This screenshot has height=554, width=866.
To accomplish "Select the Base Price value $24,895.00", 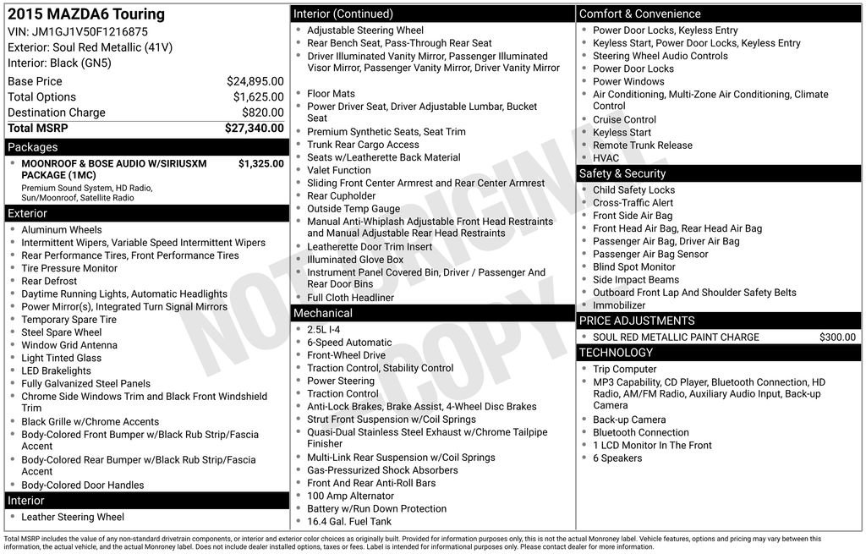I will [x=255, y=81].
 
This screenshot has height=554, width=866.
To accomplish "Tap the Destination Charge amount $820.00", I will [x=262, y=112].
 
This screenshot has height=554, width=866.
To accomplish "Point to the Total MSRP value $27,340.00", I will [x=254, y=129].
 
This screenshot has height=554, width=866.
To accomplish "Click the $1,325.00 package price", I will [x=260, y=164].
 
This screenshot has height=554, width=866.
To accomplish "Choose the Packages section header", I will [x=33, y=147].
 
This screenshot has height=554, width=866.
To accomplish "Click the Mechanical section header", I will [x=322, y=313].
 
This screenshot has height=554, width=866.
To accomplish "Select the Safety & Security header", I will [x=622, y=173].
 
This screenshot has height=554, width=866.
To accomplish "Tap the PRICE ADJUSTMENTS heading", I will [x=637, y=321].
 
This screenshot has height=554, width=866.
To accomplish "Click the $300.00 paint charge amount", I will [x=837, y=337].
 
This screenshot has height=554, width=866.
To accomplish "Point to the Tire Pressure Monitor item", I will [x=69, y=268].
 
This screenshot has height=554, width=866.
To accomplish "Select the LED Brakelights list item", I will [x=56, y=370].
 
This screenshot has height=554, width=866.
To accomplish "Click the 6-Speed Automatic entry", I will [x=349, y=343].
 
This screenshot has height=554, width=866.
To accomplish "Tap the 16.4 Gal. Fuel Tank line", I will [x=349, y=521].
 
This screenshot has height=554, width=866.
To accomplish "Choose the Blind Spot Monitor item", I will [x=634, y=266].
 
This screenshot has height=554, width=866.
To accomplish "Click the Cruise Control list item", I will [x=624, y=119].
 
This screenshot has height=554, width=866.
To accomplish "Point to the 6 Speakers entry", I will [x=617, y=458].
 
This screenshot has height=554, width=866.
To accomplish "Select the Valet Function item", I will [x=338, y=170].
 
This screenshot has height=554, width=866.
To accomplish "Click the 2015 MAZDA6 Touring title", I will [x=86, y=14].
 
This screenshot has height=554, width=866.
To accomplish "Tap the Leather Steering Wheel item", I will [x=73, y=517].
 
